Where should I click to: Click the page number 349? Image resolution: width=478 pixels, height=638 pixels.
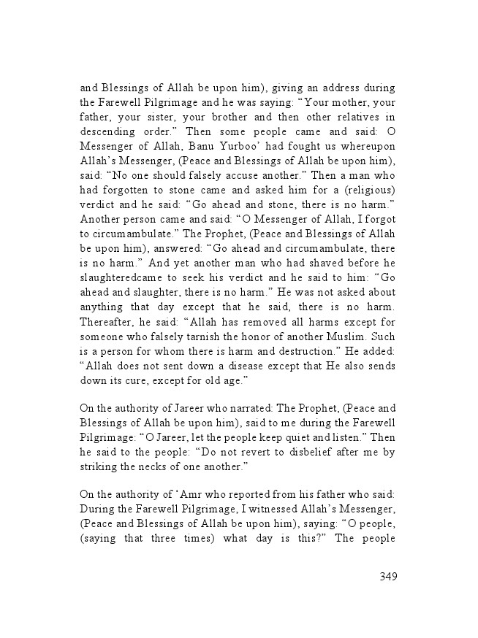point(387,577)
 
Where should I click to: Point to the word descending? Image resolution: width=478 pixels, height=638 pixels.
point(110,131)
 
